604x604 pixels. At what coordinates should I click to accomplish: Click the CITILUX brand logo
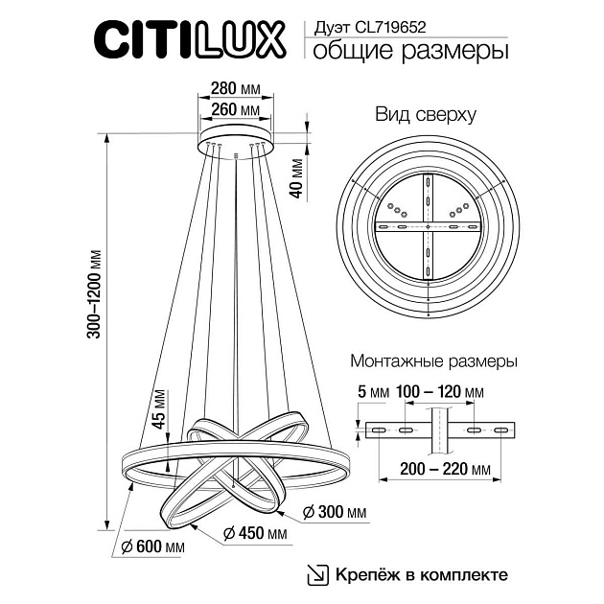(x=189, y=41)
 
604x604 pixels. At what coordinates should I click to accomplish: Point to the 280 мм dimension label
(x=235, y=89)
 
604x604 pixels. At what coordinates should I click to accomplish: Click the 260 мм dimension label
(x=235, y=110)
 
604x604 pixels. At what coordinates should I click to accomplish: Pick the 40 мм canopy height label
(x=297, y=177)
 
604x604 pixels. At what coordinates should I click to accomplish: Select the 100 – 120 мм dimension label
(x=440, y=392)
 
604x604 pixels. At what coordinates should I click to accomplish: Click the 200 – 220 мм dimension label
(x=440, y=470)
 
